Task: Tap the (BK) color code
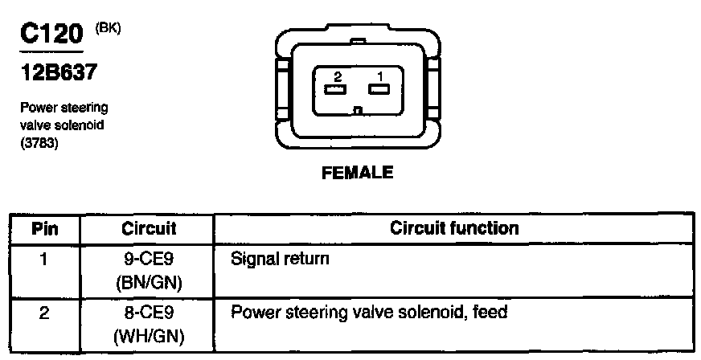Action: tap(107, 29)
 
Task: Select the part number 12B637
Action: tap(58, 73)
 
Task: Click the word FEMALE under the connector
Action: tap(357, 173)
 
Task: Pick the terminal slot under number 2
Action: tap(336, 89)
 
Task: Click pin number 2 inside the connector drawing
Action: tap(338, 76)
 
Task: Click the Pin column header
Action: tap(44, 228)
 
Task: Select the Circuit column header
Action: tap(149, 228)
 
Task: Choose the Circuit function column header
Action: tap(454, 228)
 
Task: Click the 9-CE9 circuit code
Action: tap(149, 260)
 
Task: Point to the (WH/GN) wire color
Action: tap(149, 333)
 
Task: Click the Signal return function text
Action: tap(280, 260)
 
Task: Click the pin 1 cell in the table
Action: tap(44, 260)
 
